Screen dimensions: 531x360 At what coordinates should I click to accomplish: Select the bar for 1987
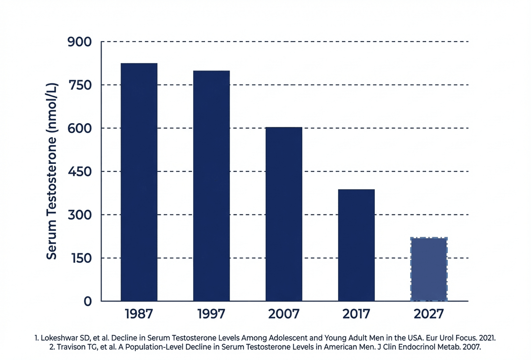click(139, 182)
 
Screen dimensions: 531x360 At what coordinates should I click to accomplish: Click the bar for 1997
click(211, 186)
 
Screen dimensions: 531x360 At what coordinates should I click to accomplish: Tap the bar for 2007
click(284, 214)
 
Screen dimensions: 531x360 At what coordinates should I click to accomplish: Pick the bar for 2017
click(356, 245)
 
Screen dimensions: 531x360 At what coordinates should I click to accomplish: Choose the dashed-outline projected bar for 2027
click(429, 269)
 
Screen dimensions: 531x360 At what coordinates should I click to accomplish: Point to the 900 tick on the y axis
click(80, 42)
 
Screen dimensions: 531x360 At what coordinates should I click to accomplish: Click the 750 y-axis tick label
click(80, 85)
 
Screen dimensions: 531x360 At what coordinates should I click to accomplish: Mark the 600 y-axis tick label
click(80, 128)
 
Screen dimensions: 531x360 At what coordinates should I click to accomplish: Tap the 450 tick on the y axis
click(80, 171)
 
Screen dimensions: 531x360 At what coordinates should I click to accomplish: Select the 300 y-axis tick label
click(80, 215)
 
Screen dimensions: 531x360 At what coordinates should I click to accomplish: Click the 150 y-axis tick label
click(81, 258)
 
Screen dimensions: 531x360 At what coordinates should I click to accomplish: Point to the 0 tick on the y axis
click(87, 301)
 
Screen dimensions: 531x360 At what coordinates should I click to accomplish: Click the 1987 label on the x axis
click(139, 314)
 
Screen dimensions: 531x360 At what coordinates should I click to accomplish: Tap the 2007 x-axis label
click(284, 314)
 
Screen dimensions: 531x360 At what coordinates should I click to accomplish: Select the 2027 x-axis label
click(429, 314)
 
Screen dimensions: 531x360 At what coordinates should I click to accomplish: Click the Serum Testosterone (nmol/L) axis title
click(52, 171)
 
